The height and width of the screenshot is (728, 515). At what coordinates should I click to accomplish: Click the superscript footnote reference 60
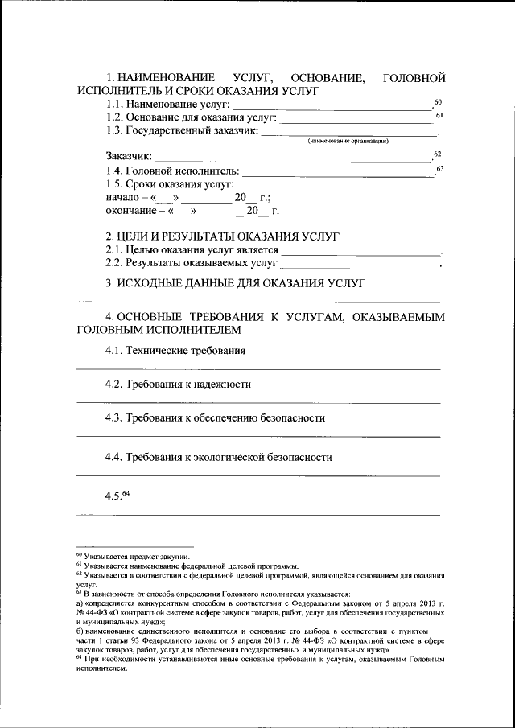click(x=438, y=102)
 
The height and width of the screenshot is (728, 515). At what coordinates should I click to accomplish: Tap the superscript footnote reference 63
click(x=439, y=168)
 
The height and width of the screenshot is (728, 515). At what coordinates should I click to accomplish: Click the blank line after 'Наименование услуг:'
click(x=332, y=108)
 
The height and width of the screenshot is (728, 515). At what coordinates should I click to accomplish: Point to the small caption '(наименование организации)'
click(x=348, y=141)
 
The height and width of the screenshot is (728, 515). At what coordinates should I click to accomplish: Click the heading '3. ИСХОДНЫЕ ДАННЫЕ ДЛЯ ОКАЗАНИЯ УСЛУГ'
click(x=236, y=283)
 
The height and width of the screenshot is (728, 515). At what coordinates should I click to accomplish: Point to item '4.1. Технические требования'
click(x=175, y=351)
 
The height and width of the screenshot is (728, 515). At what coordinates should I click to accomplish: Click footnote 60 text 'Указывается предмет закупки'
click(x=136, y=556)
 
